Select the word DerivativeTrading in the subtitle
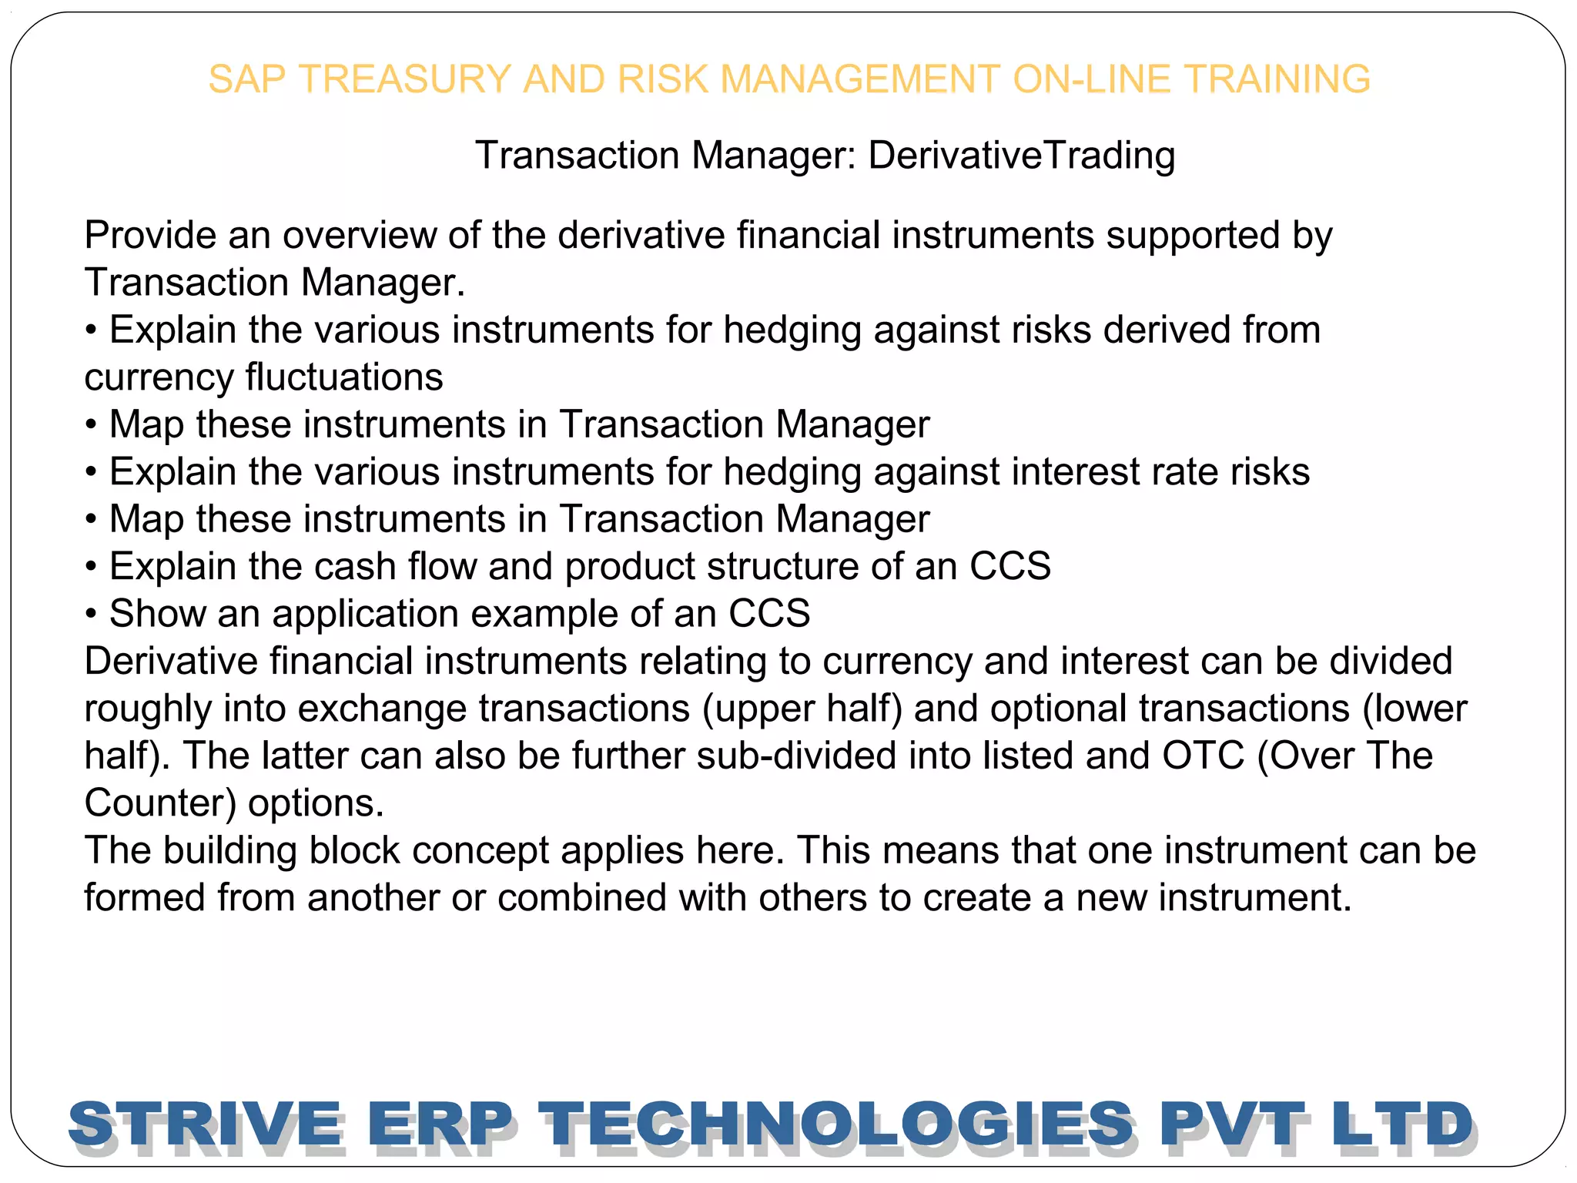point(1022,156)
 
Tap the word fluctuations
point(344,378)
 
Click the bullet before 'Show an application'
point(92,615)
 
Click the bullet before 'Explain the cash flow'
point(92,568)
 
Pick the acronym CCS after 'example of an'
point(769,614)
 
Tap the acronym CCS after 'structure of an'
point(1010,567)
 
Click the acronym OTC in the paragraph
point(1203,756)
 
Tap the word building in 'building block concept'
point(229,850)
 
